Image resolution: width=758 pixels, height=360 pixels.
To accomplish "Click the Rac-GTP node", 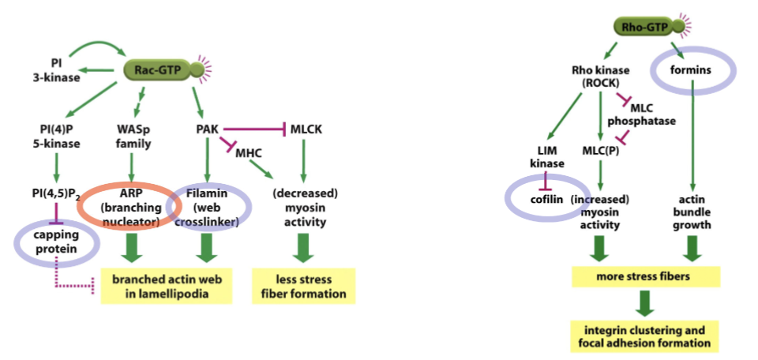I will (x=158, y=71).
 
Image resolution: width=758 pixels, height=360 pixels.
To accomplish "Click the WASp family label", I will (x=133, y=136).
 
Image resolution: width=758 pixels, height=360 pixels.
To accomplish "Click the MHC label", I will (x=248, y=151).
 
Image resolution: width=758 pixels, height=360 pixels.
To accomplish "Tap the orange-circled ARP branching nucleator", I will (x=132, y=208).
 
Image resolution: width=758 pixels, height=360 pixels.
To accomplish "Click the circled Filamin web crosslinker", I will (x=210, y=208).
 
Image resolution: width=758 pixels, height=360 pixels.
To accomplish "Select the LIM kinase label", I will (x=548, y=156).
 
